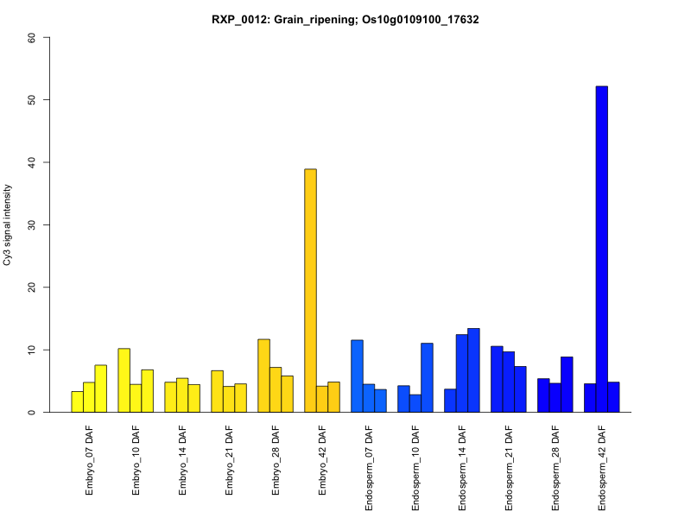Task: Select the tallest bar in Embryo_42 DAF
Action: (310, 291)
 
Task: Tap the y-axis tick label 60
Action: (32, 37)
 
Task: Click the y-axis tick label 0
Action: (32, 412)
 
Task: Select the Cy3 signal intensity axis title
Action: (9, 224)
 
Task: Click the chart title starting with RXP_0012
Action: (345, 19)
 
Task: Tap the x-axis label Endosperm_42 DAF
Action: (603, 467)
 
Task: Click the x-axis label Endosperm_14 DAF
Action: (463, 467)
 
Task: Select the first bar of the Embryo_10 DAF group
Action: (124, 380)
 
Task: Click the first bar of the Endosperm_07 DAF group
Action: (357, 376)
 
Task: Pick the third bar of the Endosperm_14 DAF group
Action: (473, 370)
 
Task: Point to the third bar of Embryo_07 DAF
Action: (101, 388)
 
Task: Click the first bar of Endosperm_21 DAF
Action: (497, 379)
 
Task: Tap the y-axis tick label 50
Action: (32, 100)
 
